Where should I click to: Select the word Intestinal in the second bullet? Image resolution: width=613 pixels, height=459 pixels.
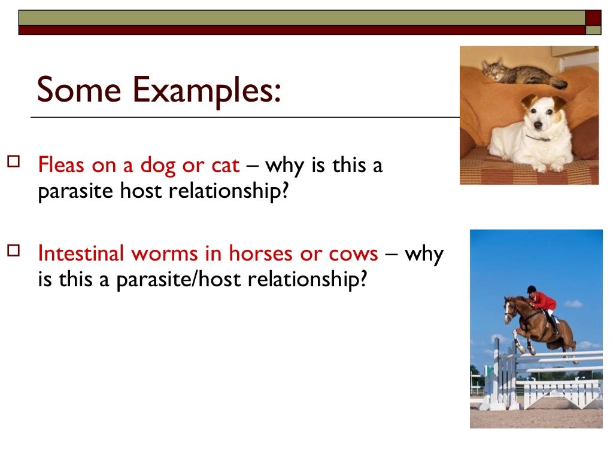(81, 253)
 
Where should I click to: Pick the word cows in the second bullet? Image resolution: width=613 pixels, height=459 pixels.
(353, 253)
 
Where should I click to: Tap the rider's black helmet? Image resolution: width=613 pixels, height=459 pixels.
(531, 289)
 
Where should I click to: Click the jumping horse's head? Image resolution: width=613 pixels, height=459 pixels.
(511, 307)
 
